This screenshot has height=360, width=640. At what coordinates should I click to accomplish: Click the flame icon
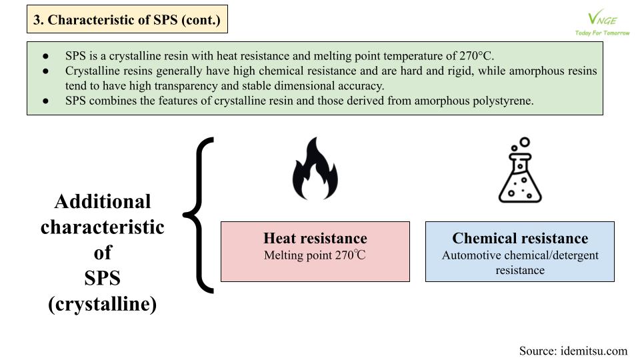[x=315, y=169]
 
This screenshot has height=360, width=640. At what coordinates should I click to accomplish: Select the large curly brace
[x=199, y=215]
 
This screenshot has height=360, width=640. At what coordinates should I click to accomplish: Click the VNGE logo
[x=602, y=19]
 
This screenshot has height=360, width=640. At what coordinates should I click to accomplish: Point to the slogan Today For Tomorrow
[x=603, y=33]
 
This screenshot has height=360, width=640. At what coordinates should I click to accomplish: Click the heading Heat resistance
[x=315, y=238]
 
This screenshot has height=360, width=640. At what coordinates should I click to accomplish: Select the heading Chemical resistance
[x=520, y=238]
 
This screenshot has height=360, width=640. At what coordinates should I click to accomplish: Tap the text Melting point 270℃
[x=315, y=255]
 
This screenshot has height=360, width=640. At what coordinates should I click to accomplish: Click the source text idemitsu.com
[x=593, y=351]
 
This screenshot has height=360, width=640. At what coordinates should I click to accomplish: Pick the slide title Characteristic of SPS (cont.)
[x=127, y=19]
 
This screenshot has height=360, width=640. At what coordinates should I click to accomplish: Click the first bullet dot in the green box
[x=46, y=56]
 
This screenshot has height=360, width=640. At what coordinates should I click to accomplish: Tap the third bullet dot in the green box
[x=46, y=101]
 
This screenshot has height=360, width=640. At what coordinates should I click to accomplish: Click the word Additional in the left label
[x=103, y=201]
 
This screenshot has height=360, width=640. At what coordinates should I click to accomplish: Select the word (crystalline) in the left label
[x=103, y=304]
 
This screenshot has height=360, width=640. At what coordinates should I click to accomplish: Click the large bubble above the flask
[x=525, y=142]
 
